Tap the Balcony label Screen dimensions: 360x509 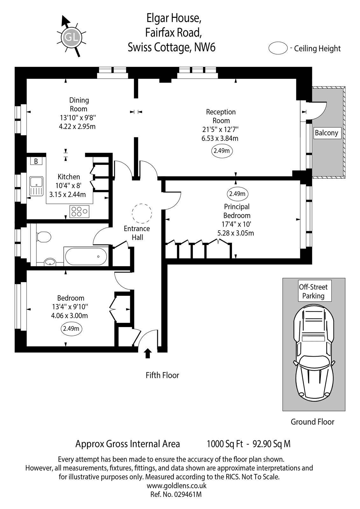point(326,133)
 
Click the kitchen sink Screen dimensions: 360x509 point(36,186)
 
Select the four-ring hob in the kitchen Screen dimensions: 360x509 point(79,212)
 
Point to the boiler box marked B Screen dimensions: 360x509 point(36,161)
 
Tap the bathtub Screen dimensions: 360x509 point(86,256)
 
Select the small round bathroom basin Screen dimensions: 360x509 point(50,262)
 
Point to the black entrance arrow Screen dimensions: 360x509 point(148,353)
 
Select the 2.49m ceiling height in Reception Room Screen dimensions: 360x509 point(222,151)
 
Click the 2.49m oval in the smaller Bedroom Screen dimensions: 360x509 point(71,328)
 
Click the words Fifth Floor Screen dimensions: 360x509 point(162,375)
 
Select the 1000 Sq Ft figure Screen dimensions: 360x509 point(225,444)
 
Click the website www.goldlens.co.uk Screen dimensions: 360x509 point(176,485)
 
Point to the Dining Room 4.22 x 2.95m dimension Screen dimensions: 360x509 point(77,126)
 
